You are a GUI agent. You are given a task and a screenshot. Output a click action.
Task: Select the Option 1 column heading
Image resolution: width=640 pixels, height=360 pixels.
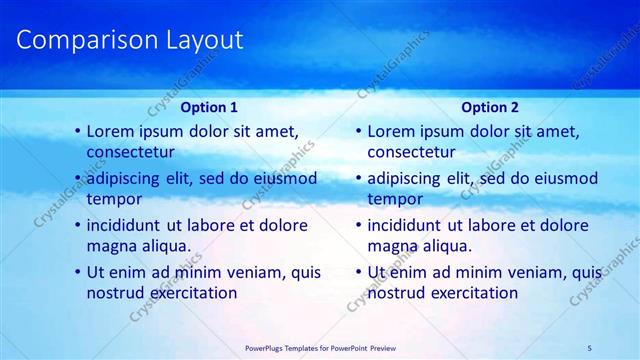click(x=209, y=107)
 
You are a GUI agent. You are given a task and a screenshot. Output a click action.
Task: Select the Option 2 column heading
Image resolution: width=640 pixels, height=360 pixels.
click(x=490, y=107)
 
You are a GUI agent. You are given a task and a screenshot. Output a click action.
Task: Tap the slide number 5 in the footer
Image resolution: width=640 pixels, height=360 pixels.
click(x=590, y=347)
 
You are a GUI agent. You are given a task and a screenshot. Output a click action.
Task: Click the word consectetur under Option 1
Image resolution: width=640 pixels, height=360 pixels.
click(x=131, y=152)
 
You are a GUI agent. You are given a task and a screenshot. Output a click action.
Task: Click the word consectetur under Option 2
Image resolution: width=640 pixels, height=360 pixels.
click(x=412, y=152)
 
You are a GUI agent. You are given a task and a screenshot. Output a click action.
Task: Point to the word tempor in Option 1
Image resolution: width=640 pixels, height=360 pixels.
click(x=114, y=198)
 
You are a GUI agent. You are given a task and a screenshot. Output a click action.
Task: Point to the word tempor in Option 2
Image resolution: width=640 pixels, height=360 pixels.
click(x=395, y=198)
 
